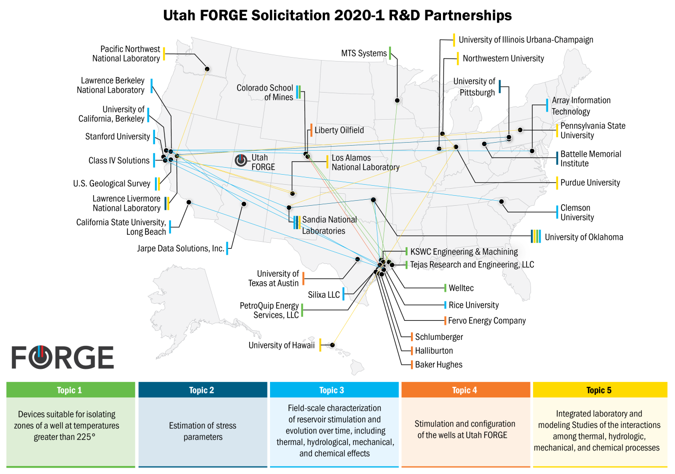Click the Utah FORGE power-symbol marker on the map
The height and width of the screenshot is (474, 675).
pyautogui.click(x=241, y=160)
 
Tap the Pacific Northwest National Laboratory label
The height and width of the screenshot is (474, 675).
pyautogui.click(x=126, y=54)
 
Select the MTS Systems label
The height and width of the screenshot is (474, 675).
pyautogui.click(x=364, y=53)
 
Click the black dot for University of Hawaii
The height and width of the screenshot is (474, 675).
pyautogui.click(x=332, y=345)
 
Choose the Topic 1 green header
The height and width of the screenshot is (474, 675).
pyautogui.click(x=70, y=390)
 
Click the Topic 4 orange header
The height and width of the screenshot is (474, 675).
pyautogui.click(x=465, y=390)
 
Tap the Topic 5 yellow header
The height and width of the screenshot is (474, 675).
pyautogui.click(x=599, y=390)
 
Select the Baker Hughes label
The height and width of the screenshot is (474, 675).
pyautogui.click(x=438, y=364)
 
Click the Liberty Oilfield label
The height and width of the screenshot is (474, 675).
pyautogui.click(x=339, y=130)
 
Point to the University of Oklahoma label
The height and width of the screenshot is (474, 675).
pyautogui.click(x=583, y=237)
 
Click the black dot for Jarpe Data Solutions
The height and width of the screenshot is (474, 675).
pyautogui.click(x=244, y=204)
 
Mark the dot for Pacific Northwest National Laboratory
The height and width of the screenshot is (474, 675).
pyautogui.click(x=207, y=69)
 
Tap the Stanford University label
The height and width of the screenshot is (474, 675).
pyautogui.click(x=117, y=137)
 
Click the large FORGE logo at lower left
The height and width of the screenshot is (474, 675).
pyautogui.click(x=63, y=357)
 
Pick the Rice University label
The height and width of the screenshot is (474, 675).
pyautogui.click(x=473, y=305)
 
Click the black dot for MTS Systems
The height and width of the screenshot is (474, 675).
pyautogui.click(x=397, y=101)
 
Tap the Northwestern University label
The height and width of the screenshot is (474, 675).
pyautogui.click(x=503, y=59)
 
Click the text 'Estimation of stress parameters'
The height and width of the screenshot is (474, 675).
pyautogui.click(x=202, y=431)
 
